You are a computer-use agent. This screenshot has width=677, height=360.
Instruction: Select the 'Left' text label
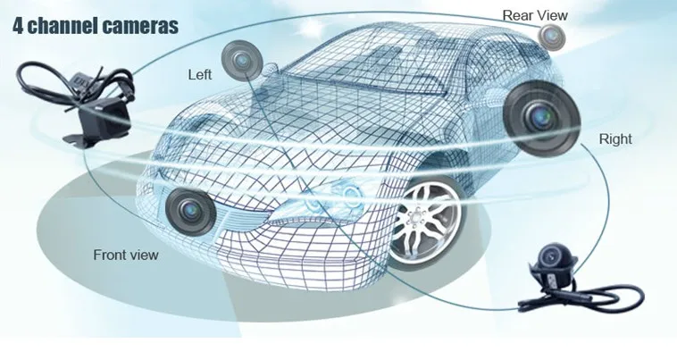click(x=200, y=74)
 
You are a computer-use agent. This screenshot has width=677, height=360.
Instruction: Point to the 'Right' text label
click(x=615, y=138)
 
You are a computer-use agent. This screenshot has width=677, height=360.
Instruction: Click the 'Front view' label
click(x=126, y=255)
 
